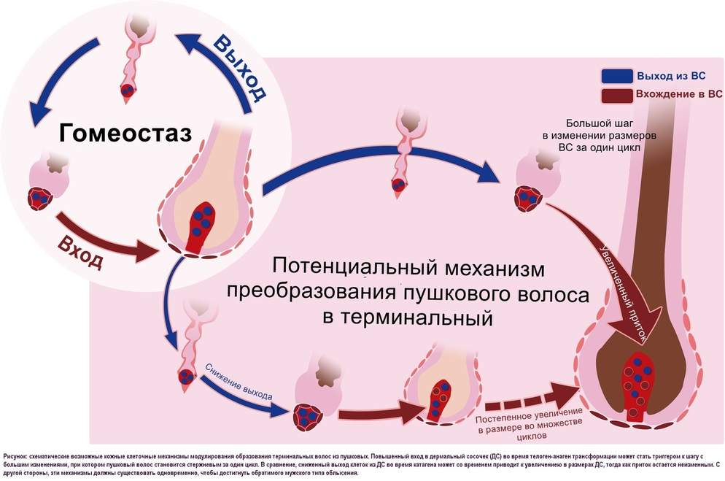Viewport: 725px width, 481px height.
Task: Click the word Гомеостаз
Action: tap(125, 133)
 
